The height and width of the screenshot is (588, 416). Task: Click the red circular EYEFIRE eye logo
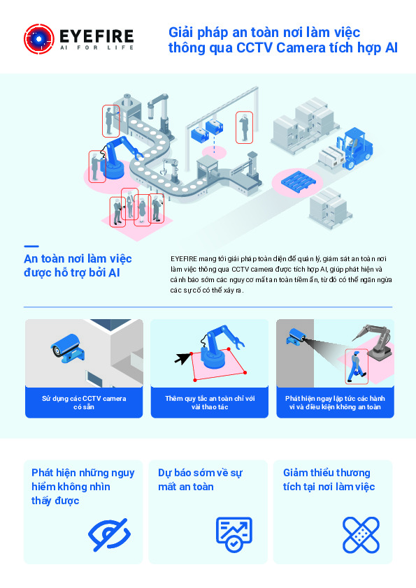click(39, 39)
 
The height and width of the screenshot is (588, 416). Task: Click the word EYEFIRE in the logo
click(96, 36)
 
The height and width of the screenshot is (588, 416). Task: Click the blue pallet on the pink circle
click(298, 181)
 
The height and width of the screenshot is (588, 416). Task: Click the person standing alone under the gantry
click(244, 128)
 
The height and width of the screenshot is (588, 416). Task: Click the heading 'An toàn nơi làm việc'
click(78, 259)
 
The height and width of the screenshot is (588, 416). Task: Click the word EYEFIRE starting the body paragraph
click(184, 259)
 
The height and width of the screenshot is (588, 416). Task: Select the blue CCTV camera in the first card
click(68, 348)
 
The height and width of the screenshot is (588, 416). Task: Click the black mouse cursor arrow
click(182, 358)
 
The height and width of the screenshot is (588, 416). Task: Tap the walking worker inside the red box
click(357, 366)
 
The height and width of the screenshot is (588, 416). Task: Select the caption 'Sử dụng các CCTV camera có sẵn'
click(84, 402)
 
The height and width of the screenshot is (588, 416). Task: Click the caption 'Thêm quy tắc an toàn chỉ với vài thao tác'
click(210, 402)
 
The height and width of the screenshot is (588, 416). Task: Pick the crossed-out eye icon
click(109, 534)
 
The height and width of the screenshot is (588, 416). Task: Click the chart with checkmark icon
click(234, 534)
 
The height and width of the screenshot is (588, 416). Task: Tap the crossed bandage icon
click(361, 535)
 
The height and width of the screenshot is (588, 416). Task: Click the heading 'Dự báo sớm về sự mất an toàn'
click(200, 480)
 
